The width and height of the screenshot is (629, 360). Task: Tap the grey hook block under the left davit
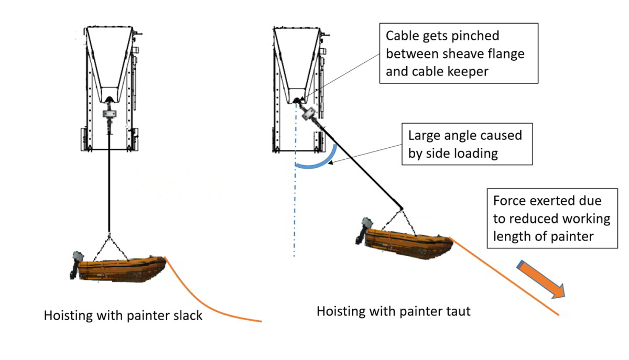click(109, 114)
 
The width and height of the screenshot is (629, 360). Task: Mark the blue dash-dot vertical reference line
click(295, 210)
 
